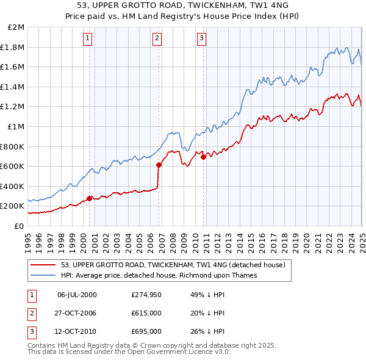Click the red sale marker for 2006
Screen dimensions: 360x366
tap(159, 165)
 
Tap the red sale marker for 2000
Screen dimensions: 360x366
tap(89, 198)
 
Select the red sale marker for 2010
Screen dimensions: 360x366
tap(203, 157)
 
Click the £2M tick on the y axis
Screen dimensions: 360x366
tap(16, 27)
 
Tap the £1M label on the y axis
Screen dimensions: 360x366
tap(16, 126)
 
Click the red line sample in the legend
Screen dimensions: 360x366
tap(43, 265)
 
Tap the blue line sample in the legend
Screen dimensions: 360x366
tap(43, 275)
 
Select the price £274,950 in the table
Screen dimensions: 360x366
tap(146, 295)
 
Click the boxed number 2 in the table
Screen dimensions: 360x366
tap(32, 313)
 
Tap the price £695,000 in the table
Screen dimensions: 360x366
tap(146, 331)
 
